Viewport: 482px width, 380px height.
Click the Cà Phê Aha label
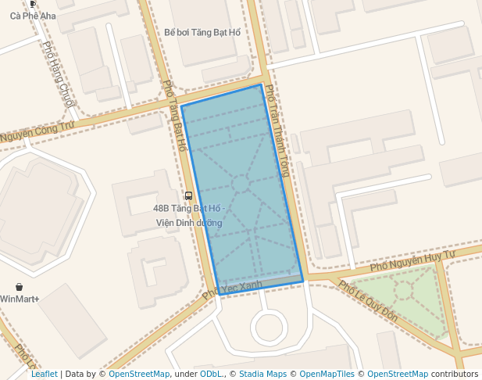27,16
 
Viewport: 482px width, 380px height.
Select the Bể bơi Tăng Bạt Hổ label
203,33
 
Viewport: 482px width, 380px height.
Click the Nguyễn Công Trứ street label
37,132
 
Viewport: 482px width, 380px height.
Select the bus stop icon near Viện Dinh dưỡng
188,195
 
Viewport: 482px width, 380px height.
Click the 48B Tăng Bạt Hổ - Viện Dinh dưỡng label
189,216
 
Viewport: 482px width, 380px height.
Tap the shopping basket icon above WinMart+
19,287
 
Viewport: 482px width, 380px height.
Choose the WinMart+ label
20,299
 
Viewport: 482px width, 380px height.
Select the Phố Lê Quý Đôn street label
368,302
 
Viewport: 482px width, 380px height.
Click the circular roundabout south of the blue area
268,326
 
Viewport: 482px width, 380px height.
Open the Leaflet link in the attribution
45,374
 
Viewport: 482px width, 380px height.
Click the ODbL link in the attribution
211,374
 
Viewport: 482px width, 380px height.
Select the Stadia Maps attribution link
262,374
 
